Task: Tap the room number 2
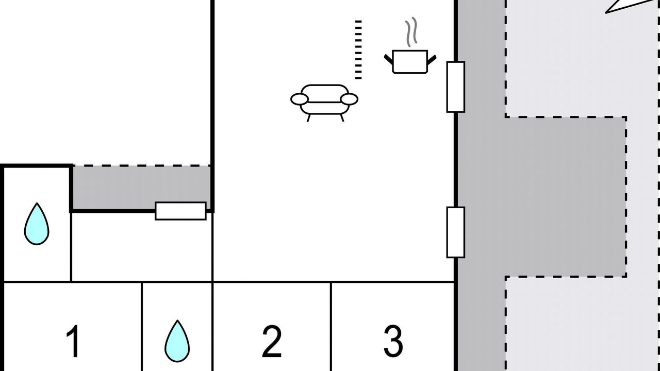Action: point(272,341)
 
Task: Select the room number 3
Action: point(393,341)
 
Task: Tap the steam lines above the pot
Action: point(411,32)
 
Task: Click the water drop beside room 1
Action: point(177,341)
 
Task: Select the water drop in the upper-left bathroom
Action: point(37,224)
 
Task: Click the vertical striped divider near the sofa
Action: point(358,50)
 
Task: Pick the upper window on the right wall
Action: point(456,87)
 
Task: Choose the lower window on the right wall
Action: point(456,232)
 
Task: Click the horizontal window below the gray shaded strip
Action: point(180,211)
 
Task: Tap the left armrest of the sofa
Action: point(300,99)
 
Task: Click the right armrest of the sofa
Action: point(350,99)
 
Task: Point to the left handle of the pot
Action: point(389,59)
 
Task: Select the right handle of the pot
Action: point(432,59)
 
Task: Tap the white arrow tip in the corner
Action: point(606,12)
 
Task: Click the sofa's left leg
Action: point(309,118)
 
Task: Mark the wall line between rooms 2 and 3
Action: point(331,327)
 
